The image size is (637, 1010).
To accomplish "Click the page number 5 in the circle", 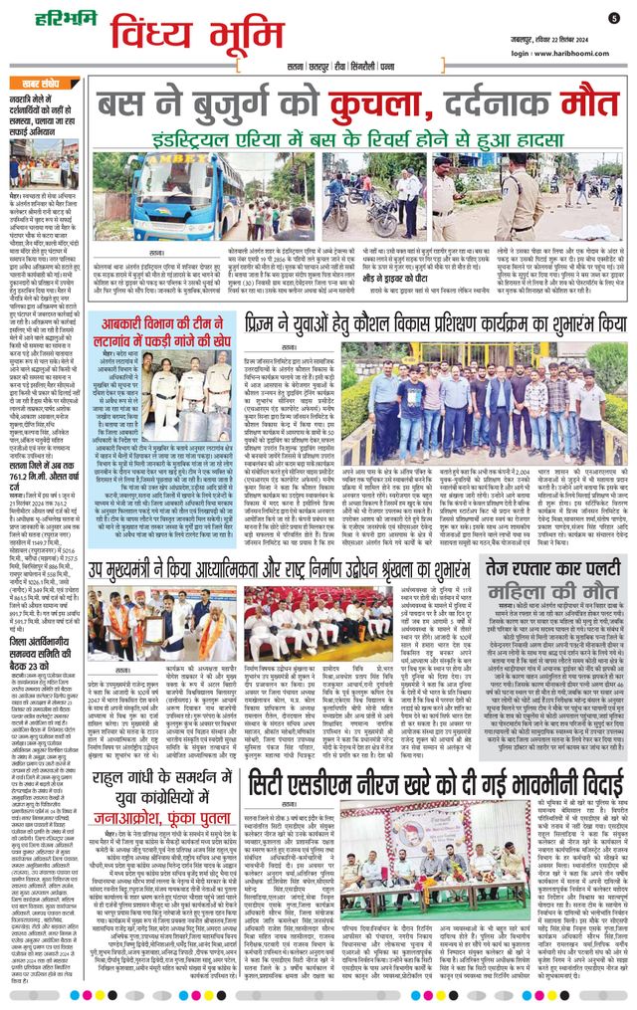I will [x=614, y=17].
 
